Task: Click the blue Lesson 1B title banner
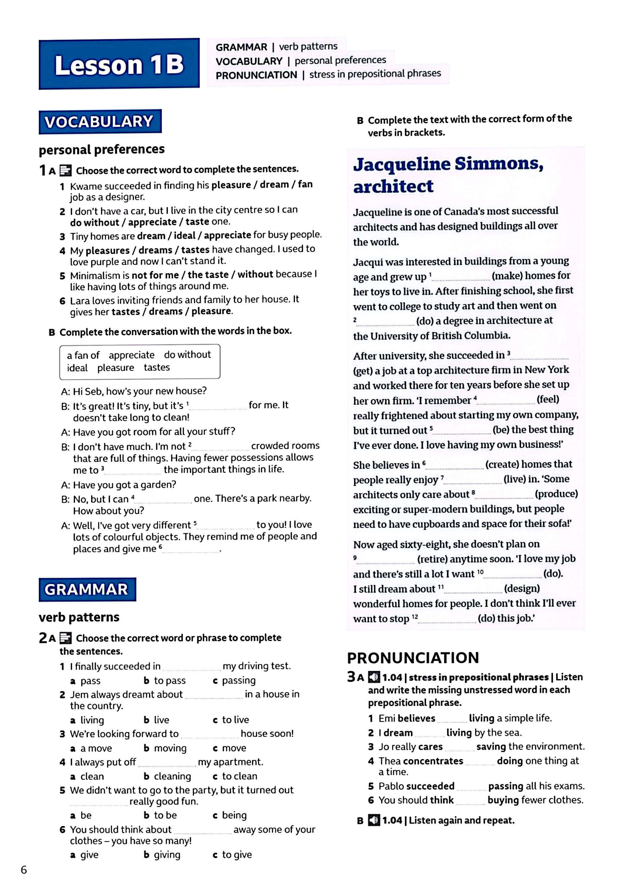pyautogui.click(x=119, y=65)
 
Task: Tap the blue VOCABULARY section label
pyautogui.click(x=100, y=122)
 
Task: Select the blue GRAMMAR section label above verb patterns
pyautogui.click(x=87, y=589)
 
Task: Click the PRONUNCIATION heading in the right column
pyautogui.click(x=413, y=658)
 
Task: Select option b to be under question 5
pyautogui.click(x=161, y=815)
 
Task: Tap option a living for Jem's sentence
pyautogui.click(x=87, y=720)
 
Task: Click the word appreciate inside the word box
pyautogui.click(x=132, y=355)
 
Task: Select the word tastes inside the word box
pyautogui.click(x=157, y=368)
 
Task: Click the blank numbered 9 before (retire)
pyautogui.click(x=385, y=560)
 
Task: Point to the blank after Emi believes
pyautogui.click(x=451, y=719)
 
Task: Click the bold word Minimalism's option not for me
pyautogui.click(x=155, y=275)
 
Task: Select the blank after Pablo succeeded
pyautogui.click(x=471, y=787)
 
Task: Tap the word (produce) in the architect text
pyautogui.click(x=556, y=494)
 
